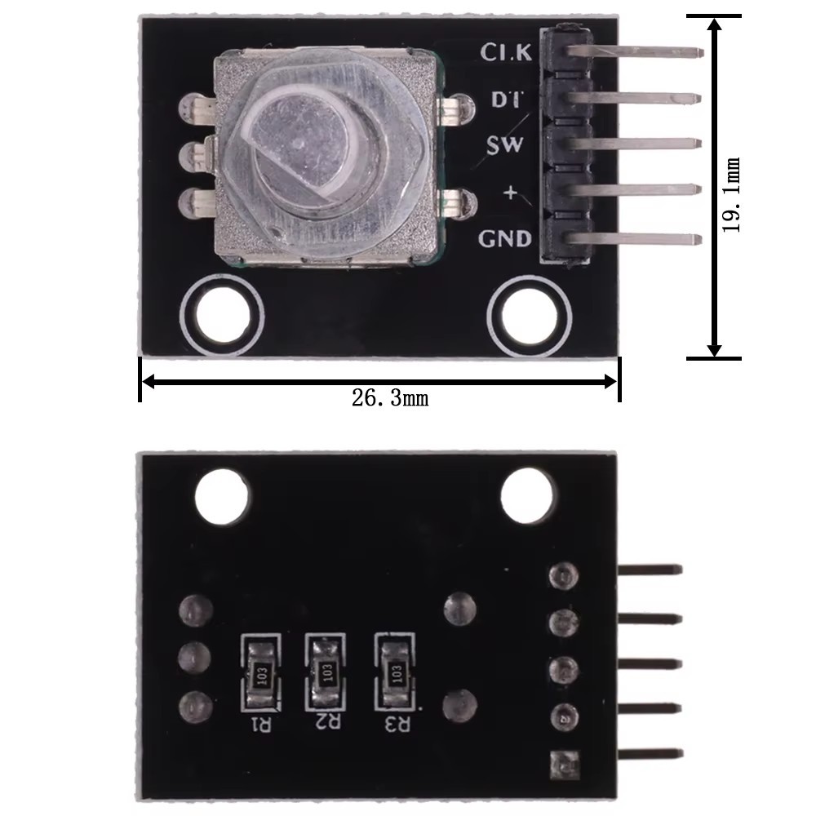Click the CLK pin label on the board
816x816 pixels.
point(506,51)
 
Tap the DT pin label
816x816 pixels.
point(507,99)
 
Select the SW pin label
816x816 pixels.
point(504,144)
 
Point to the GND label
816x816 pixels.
point(505,239)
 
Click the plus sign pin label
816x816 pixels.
point(511,193)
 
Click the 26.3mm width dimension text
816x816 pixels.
point(390,399)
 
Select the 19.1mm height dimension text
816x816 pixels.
point(730,194)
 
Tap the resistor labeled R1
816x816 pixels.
point(261,674)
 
